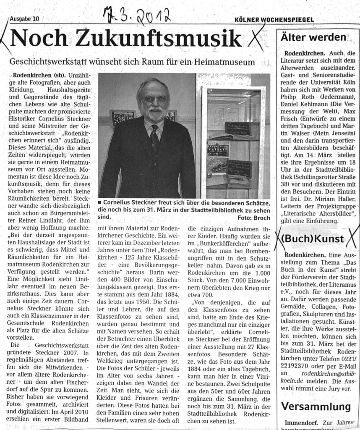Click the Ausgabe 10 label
[25, 18]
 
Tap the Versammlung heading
[316, 406]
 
